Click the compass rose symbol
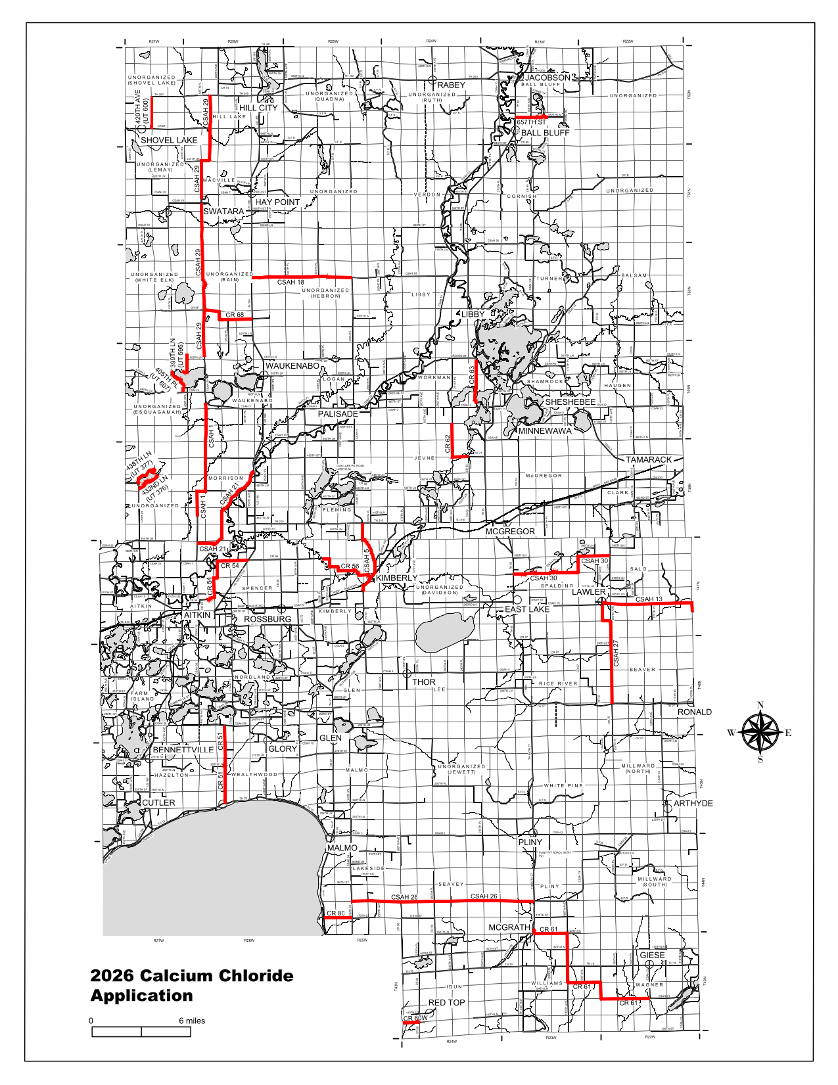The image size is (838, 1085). click(x=760, y=733)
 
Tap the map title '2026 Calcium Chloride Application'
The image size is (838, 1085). click(x=191, y=985)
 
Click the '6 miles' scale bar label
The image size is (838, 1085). click(x=192, y=1021)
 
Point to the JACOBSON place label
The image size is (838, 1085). click(x=547, y=78)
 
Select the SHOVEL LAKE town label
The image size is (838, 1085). click(x=169, y=140)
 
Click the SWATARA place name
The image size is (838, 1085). click(x=223, y=212)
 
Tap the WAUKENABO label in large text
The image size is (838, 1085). click(x=292, y=365)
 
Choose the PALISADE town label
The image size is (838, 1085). click(x=338, y=414)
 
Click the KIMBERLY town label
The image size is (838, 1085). click(x=396, y=578)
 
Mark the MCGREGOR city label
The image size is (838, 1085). click(x=510, y=531)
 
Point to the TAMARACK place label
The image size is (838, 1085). click(x=648, y=459)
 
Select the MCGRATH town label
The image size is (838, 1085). click(x=509, y=927)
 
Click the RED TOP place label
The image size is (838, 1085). click(x=446, y=1002)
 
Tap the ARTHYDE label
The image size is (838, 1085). click(x=693, y=803)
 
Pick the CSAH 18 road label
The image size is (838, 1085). click(x=291, y=283)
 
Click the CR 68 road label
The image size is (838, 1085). click(x=235, y=315)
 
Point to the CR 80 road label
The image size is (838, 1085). click(x=336, y=913)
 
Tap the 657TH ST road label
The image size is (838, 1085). click(x=531, y=122)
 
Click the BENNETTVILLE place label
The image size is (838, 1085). click(x=183, y=749)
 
